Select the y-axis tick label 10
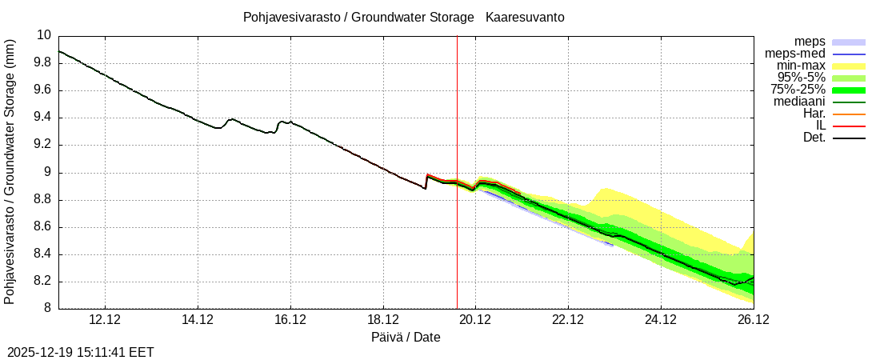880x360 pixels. coord(43,35)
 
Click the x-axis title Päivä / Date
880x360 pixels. coord(406,338)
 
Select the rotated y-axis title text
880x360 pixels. coord(10,171)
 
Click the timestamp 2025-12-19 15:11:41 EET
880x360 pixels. coord(81,352)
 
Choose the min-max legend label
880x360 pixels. coord(801,66)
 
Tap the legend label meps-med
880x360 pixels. coord(795,54)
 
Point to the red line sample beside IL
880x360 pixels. coord(849,126)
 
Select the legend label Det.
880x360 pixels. coord(814,138)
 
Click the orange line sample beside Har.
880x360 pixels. coord(849,114)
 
